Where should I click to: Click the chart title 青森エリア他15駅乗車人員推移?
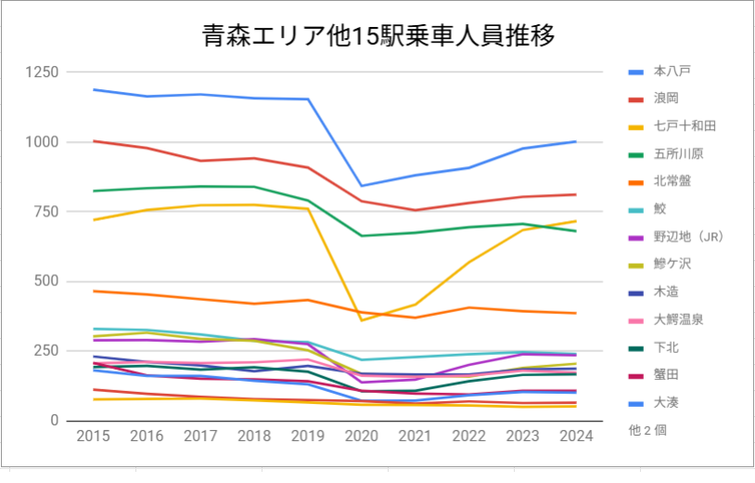378,36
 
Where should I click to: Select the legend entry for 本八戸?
672,71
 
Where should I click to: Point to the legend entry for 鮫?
659,208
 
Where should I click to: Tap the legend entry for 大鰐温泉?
678,320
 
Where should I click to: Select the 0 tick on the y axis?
55,421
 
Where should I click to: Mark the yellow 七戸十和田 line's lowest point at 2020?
361,320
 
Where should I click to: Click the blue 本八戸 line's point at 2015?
93,89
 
